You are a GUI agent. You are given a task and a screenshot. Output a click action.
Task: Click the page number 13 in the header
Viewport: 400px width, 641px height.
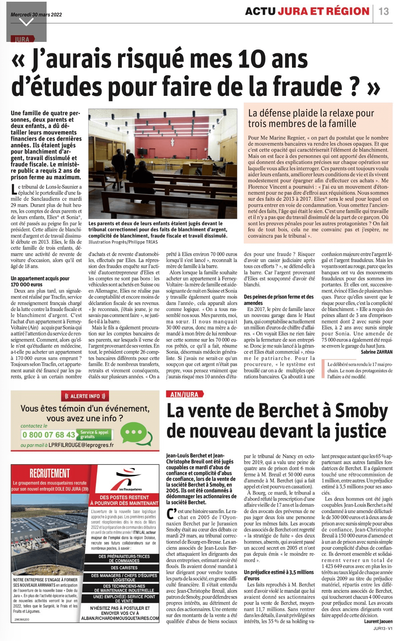[384, 11]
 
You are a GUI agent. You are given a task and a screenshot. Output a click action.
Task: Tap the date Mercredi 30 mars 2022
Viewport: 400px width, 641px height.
[36, 14]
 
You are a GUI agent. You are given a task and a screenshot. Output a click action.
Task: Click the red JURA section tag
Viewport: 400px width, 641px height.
[22, 39]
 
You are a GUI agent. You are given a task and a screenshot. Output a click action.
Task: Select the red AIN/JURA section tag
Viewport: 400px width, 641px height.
[184, 394]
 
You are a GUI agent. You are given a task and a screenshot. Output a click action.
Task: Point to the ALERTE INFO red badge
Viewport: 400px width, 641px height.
[85, 396]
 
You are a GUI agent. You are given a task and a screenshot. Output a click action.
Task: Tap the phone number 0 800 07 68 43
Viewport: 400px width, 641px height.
[49, 435]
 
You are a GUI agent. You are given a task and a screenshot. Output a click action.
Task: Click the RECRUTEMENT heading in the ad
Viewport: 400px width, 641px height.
[50, 473]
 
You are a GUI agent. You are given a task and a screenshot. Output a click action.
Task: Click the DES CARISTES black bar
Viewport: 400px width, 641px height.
[124, 568]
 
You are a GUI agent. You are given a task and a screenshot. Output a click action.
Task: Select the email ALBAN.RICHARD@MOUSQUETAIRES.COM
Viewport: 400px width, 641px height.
[120, 618]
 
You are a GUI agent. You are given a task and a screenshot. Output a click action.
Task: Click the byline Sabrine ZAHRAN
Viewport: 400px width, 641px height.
[377, 352]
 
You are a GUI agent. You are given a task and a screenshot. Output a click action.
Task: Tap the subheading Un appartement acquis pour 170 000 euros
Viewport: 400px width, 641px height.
[40, 281]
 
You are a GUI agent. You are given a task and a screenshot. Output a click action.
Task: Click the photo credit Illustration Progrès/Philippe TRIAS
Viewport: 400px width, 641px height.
[123, 242]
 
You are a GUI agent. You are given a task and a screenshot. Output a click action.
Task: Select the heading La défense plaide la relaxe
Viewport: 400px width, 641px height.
[311, 118]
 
